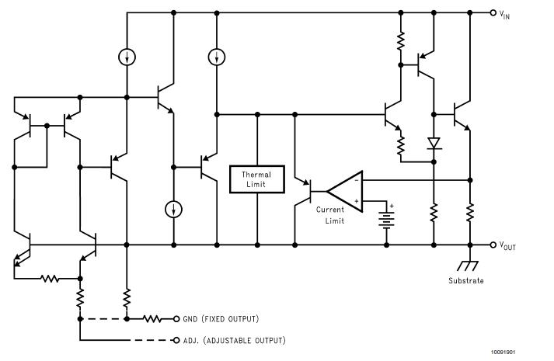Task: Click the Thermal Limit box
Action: point(256,180)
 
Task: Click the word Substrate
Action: point(466,280)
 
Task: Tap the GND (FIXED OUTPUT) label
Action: point(221,318)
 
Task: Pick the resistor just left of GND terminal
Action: point(152,318)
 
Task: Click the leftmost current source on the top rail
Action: point(126,57)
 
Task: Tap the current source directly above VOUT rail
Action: point(174,210)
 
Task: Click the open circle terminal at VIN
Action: point(493,13)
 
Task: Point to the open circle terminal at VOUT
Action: point(493,245)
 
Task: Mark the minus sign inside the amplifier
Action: point(356,179)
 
